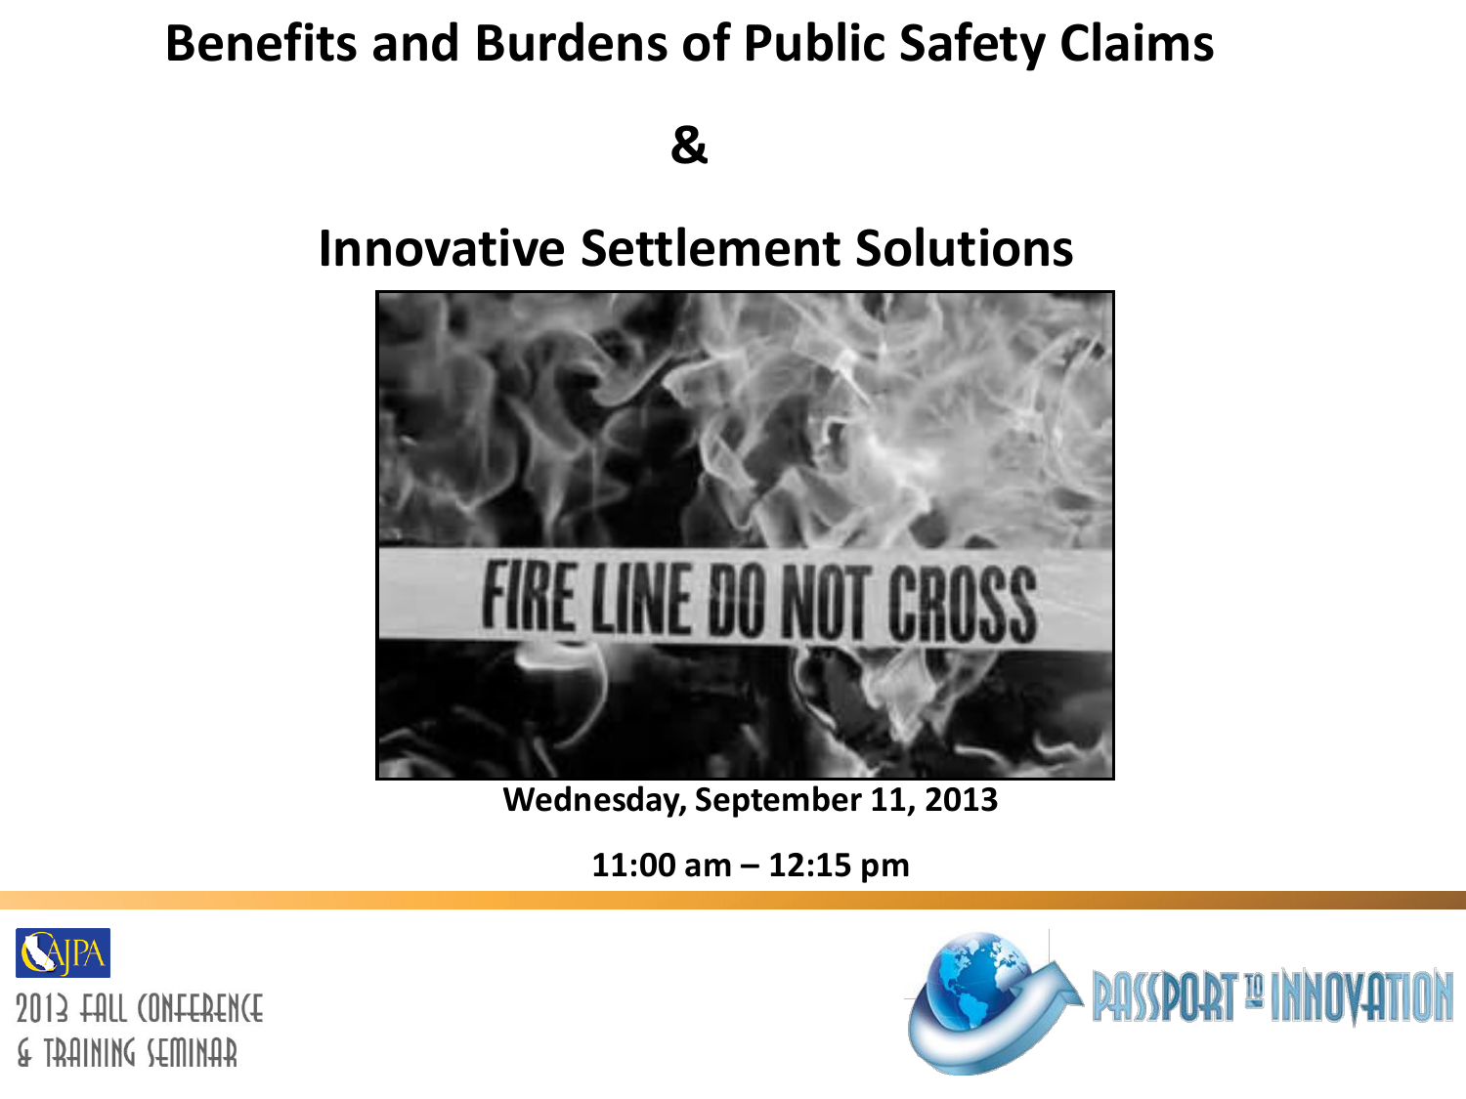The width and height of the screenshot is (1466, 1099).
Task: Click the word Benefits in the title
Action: [261, 43]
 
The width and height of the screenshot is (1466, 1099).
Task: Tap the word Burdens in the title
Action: [571, 43]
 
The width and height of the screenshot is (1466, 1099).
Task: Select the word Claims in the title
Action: [1137, 43]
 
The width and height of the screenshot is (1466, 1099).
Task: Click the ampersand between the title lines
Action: [689, 145]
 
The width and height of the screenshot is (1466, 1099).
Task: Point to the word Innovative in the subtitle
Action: [442, 248]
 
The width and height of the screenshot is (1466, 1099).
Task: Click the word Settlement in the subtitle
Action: [710, 248]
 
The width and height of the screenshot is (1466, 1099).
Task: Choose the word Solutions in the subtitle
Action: [965, 248]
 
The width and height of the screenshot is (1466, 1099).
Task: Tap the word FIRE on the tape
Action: [529, 595]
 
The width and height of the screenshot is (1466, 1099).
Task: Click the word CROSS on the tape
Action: [962, 604]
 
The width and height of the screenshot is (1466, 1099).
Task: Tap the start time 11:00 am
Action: [662, 866]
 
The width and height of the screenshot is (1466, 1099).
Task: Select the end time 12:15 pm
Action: [839, 866]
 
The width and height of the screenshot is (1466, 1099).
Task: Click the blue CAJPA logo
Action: [63, 952]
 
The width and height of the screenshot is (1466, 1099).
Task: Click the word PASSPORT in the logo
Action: [1165, 996]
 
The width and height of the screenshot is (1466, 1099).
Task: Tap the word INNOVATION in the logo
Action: [1362, 995]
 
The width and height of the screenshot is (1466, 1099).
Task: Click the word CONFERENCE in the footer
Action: [200, 1008]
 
